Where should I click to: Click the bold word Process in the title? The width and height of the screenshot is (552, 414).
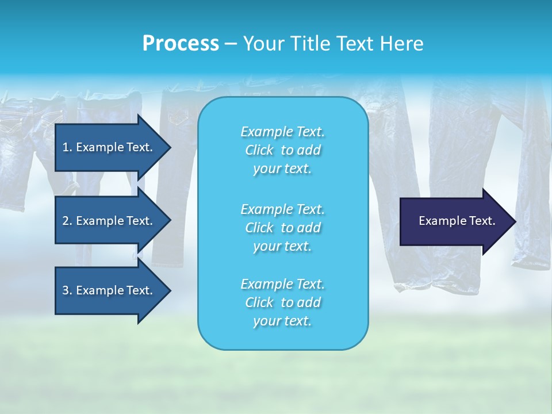(181, 44)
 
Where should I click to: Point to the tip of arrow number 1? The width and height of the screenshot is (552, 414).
(169, 147)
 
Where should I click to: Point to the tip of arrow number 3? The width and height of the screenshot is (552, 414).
(169, 290)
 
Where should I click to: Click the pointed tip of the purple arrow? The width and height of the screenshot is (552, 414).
(514, 221)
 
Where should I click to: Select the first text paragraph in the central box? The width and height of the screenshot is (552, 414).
(282, 150)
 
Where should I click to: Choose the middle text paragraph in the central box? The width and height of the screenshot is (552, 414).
(282, 228)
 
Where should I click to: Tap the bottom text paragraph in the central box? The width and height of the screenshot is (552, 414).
(282, 302)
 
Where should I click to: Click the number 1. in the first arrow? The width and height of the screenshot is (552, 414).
(67, 147)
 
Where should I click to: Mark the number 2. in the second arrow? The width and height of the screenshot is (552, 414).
(67, 221)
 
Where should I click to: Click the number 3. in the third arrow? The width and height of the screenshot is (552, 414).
(67, 290)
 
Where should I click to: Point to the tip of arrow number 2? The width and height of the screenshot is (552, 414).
(169, 221)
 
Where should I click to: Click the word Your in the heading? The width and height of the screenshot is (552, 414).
(262, 44)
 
